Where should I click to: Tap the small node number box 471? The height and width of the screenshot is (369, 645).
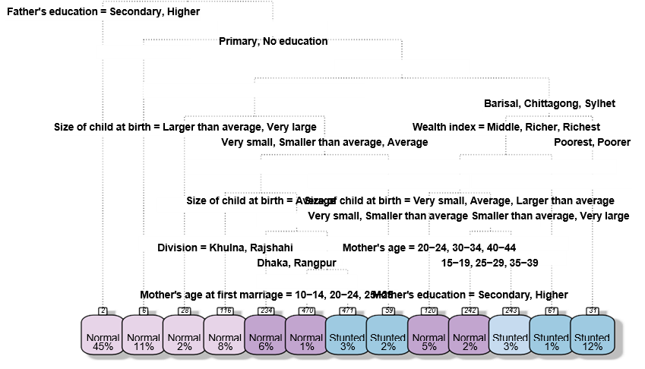tap(347, 311)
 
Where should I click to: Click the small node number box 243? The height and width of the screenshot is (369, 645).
tap(511, 311)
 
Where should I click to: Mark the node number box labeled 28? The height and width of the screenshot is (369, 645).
tap(185, 311)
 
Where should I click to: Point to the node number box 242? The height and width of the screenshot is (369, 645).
tap(470, 311)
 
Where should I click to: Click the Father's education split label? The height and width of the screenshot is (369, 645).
tap(101, 13)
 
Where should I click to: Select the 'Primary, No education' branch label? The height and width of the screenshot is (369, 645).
tap(273, 41)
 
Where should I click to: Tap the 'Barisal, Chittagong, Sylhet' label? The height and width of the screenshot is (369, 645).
tap(549, 103)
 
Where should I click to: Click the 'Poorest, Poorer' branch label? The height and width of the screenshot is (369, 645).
tap(592, 142)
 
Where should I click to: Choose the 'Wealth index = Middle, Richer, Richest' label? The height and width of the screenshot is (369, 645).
tap(506, 127)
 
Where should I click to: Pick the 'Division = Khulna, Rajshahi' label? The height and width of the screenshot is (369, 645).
tap(225, 248)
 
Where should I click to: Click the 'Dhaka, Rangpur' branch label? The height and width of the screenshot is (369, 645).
tap(296, 263)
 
